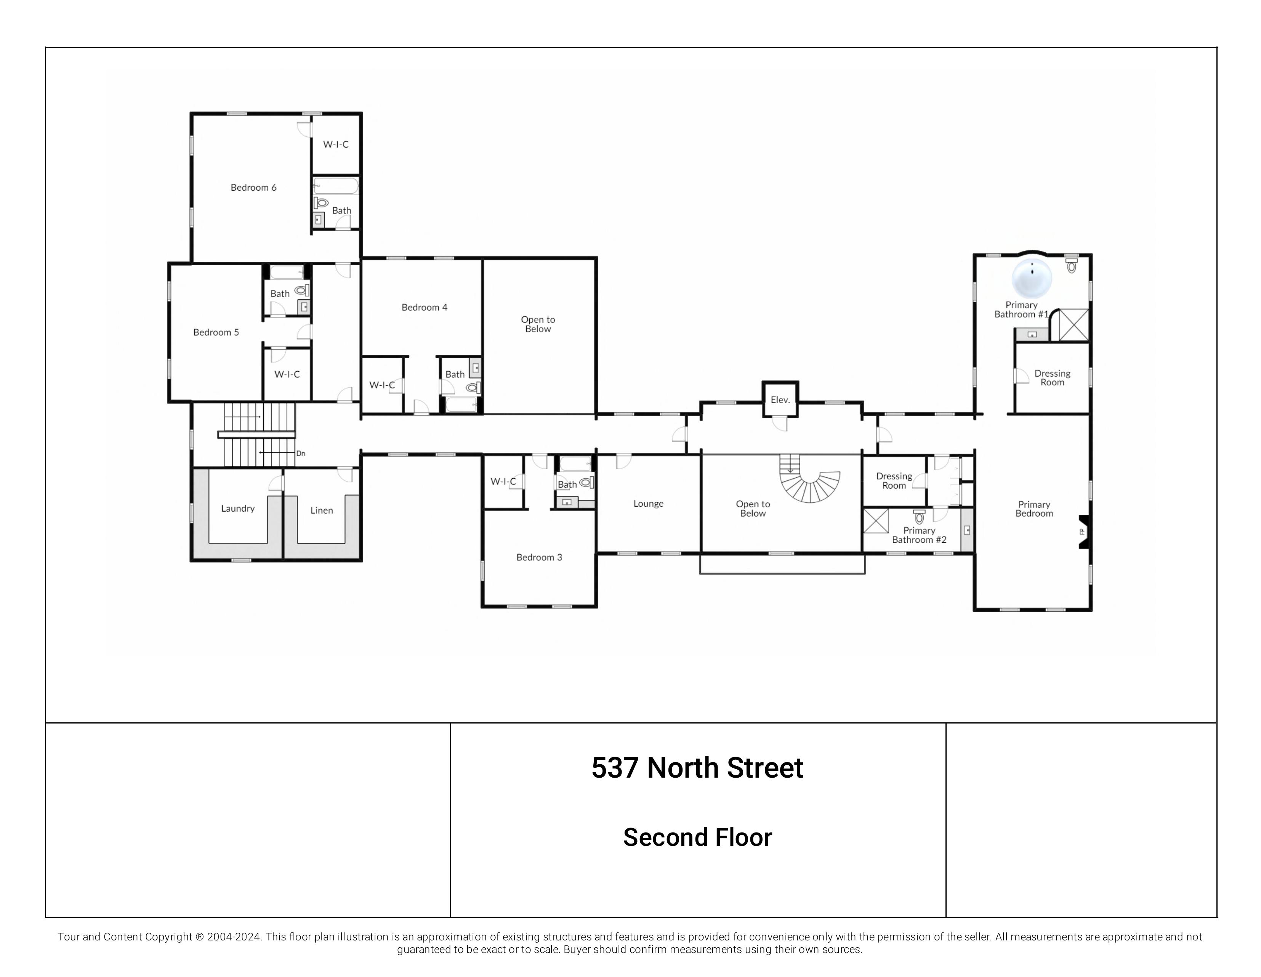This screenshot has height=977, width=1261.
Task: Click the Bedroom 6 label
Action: (x=253, y=188)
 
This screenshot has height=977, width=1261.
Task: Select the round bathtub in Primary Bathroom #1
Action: (x=1032, y=278)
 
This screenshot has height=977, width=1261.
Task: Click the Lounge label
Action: (x=648, y=504)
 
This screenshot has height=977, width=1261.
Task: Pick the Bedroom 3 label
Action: (x=539, y=558)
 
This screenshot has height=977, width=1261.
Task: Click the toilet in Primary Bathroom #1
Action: (x=1072, y=266)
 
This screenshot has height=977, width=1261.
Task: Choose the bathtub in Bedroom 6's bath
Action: (x=336, y=186)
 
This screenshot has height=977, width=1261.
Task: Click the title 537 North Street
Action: (x=697, y=768)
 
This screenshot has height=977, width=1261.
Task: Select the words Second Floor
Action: (x=697, y=838)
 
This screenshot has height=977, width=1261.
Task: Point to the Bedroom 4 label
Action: (x=425, y=308)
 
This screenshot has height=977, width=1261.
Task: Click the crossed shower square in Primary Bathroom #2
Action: (x=876, y=521)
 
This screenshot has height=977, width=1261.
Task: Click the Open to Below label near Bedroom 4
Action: (x=538, y=324)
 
